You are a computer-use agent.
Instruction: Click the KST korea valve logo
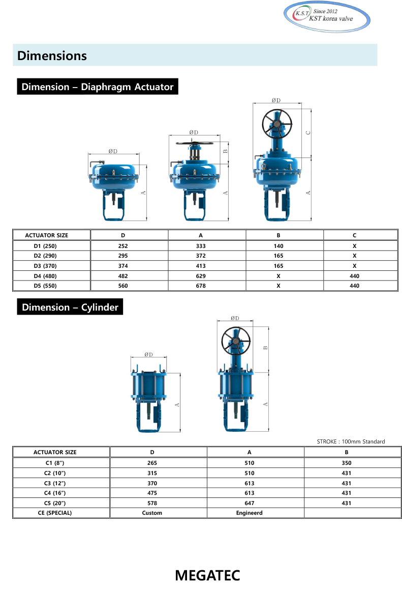pyautogui.click(x=327, y=17)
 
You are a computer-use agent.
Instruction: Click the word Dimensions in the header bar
pyautogui.click(x=52, y=55)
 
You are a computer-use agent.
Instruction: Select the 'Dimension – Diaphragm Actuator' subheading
pyautogui.click(x=98, y=87)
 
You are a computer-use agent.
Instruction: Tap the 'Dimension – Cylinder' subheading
pyautogui.click(x=70, y=308)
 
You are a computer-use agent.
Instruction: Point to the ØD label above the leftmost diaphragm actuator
pyautogui.click(x=113, y=151)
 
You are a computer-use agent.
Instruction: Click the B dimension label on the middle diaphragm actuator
pyautogui.click(x=225, y=151)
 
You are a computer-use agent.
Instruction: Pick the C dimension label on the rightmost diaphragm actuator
pyautogui.click(x=307, y=132)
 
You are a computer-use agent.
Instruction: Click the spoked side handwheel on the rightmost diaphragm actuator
pyautogui.click(x=277, y=123)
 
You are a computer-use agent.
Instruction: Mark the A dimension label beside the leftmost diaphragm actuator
pyautogui.click(x=143, y=192)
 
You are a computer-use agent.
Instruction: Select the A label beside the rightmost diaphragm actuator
pyautogui.click(x=307, y=192)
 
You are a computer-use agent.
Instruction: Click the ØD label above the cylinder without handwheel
pyautogui.click(x=148, y=355)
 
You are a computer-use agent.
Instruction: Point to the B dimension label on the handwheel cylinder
pyautogui.click(x=264, y=348)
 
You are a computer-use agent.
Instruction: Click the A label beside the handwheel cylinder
pyautogui.click(x=264, y=404)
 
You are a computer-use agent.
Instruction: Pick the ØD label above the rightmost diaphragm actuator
pyautogui.click(x=276, y=100)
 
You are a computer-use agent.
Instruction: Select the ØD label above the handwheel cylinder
pyautogui.click(x=234, y=318)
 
